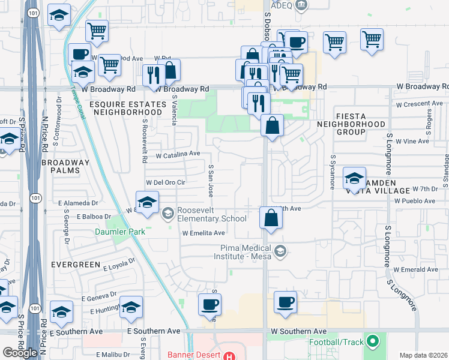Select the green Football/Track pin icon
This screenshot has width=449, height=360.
pyautogui.click(x=372, y=342)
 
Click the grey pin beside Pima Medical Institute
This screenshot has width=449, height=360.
pyautogui.click(x=280, y=251)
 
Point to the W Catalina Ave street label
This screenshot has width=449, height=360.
pyautogui.click(x=178, y=154)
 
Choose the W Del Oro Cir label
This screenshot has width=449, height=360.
pyautogui.click(x=166, y=182)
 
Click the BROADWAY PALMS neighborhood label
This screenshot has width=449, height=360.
pyautogui.click(x=65, y=167)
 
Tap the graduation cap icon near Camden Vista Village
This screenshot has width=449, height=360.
pyautogui.click(x=354, y=178)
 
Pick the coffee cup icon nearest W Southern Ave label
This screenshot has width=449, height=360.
pyautogui.click(x=286, y=302)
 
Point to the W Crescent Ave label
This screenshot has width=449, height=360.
pyautogui.click(x=419, y=104)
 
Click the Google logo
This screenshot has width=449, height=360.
pyautogui.click(x=20, y=353)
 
